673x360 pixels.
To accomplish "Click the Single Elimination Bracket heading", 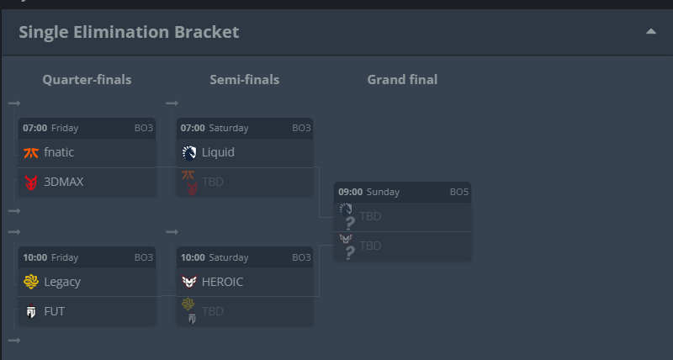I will [129, 32].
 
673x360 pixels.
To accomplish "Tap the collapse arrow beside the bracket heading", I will [650, 31].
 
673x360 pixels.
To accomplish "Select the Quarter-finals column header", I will [87, 80].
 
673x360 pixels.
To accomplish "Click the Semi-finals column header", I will [244, 80].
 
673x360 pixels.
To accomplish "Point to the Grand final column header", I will [402, 80].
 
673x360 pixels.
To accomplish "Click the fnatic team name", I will [59, 152].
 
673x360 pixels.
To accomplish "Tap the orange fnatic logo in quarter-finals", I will [31, 152].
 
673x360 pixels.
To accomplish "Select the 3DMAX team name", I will [64, 182].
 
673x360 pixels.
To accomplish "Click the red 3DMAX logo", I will [31, 182].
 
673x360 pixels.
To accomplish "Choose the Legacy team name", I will [62, 282].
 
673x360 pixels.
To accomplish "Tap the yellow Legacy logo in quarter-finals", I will [31, 282].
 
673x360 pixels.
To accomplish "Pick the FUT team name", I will [54, 311].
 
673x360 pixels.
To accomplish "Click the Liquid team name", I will [218, 152].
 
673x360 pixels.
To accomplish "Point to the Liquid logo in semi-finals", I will [189, 152].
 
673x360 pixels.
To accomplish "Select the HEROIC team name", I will [222, 282].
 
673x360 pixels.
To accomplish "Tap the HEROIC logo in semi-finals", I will [189, 282].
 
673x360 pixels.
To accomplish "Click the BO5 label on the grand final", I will [458, 192].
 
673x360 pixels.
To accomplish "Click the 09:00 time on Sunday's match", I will [350, 192].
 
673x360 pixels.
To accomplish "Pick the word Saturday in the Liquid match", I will [228, 128].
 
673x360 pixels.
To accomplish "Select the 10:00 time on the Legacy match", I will [34, 257].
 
